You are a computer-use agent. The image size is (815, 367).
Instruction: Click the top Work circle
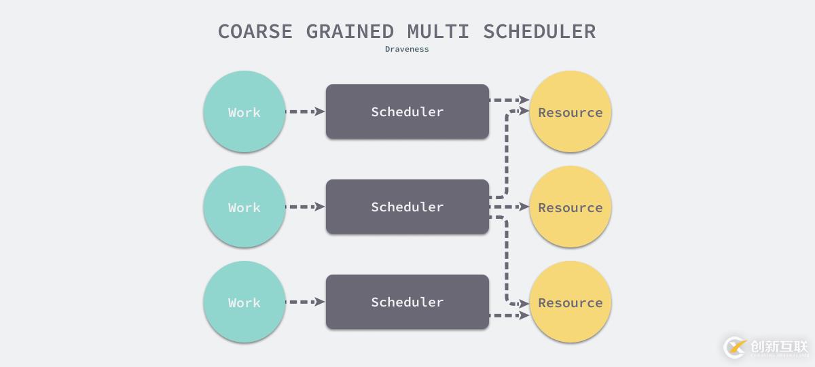pyautogui.click(x=244, y=111)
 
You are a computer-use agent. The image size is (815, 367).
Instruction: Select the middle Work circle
pyautogui.click(x=244, y=207)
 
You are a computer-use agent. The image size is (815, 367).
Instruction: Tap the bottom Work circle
pyautogui.click(x=244, y=302)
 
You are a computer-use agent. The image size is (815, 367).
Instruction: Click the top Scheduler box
pyautogui.click(x=407, y=111)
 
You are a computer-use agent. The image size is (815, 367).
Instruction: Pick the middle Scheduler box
pyautogui.click(x=407, y=207)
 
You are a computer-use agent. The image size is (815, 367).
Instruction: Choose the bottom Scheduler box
pyautogui.click(x=407, y=302)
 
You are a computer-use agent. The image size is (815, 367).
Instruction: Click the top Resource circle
pyautogui.click(x=570, y=111)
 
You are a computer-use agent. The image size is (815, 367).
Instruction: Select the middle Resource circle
pyautogui.click(x=570, y=207)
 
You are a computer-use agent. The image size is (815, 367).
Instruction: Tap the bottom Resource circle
pyautogui.click(x=570, y=302)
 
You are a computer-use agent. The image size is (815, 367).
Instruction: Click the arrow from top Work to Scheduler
pyautogui.click(x=306, y=111)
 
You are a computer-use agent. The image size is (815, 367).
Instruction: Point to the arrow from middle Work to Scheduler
pyautogui.click(x=306, y=207)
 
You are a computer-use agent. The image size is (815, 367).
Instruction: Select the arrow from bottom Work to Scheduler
pyautogui.click(x=306, y=302)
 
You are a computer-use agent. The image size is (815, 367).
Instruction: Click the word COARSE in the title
pyautogui.click(x=255, y=31)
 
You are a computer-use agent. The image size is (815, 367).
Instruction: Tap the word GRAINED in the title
pyautogui.click(x=350, y=31)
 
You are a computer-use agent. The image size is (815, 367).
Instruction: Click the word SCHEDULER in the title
pyautogui.click(x=539, y=31)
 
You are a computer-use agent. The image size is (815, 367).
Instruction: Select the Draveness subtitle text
pyautogui.click(x=407, y=49)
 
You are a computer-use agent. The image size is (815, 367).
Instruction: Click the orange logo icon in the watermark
pyautogui.click(x=735, y=347)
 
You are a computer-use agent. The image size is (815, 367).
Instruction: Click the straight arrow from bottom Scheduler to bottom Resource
pyautogui.click(x=509, y=315)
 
